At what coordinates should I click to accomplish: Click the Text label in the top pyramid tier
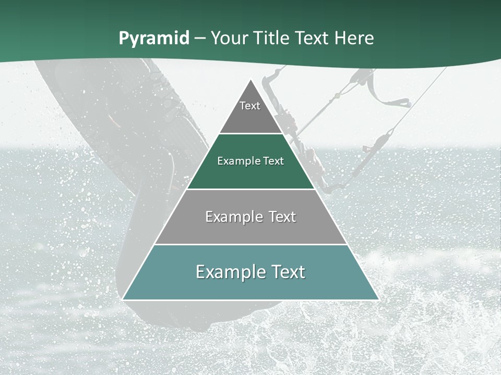(250, 106)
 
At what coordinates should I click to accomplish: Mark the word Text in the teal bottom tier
(288, 272)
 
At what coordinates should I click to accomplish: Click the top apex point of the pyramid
(250, 79)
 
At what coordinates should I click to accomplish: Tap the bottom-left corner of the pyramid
(123, 299)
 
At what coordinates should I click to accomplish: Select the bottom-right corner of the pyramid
(378, 299)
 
